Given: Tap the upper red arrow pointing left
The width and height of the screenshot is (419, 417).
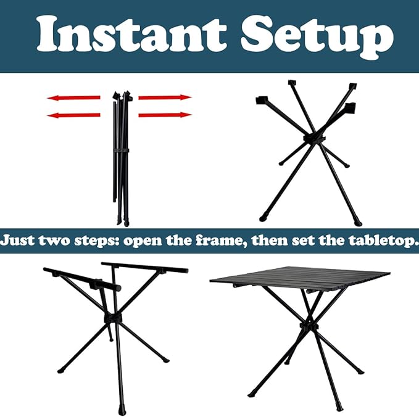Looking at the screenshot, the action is point(74,97).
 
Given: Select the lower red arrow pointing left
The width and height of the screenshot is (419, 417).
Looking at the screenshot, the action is point(74,115).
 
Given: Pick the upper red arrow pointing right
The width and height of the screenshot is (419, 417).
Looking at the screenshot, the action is point(165,97).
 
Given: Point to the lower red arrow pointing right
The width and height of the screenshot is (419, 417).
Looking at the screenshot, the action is point(165,115).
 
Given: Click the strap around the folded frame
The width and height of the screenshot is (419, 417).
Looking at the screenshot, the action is point(122,151).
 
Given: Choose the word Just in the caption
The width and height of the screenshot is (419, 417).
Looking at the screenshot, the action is point(18,241).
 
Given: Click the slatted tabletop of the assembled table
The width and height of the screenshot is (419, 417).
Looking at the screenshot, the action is point(300,276).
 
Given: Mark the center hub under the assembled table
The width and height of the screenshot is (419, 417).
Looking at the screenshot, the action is point(309,326).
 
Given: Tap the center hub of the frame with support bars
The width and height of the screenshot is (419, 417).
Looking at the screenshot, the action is point(112,318).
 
